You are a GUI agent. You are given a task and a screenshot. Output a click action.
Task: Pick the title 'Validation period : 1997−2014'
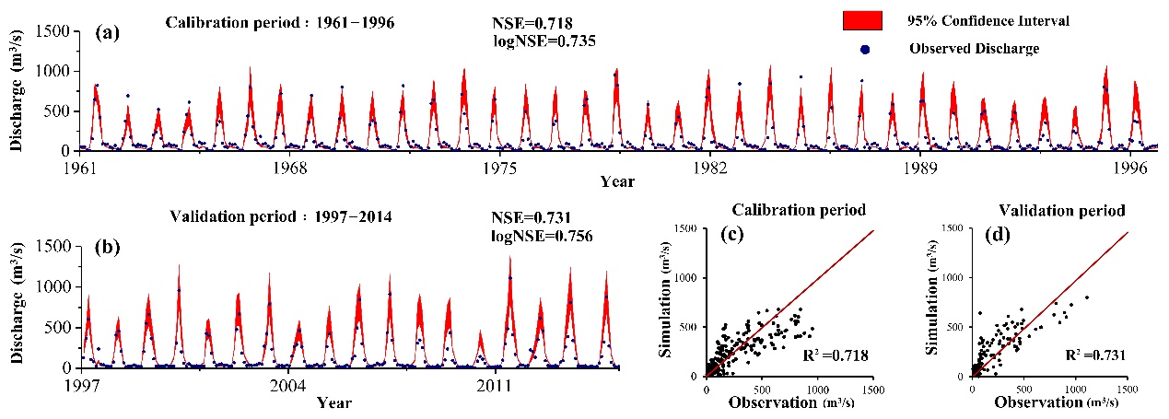281,217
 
